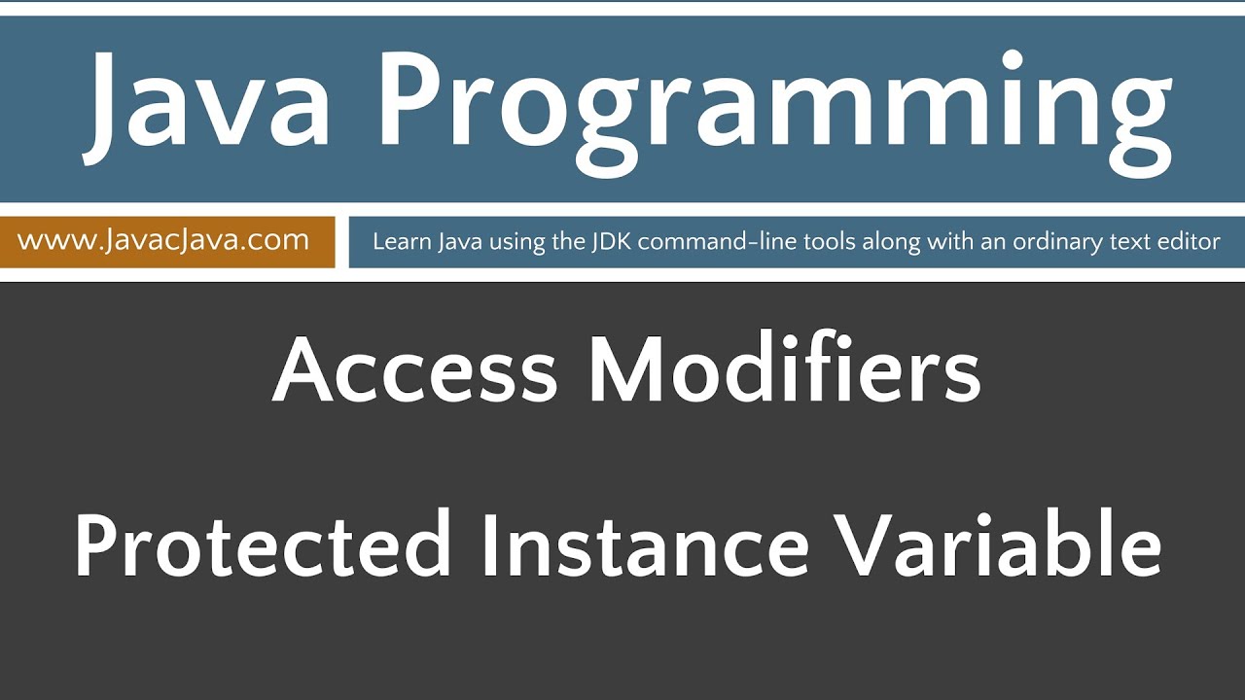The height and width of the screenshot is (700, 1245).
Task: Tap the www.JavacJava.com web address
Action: (x=163, y=240)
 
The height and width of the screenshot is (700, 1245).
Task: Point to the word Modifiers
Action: (x=784, y=373)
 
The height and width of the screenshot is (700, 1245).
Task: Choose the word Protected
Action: (x=263, y=544)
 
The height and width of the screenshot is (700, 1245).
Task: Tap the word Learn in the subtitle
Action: (x=395, y=242)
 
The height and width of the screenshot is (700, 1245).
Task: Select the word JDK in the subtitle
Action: (x=610, y=242)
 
